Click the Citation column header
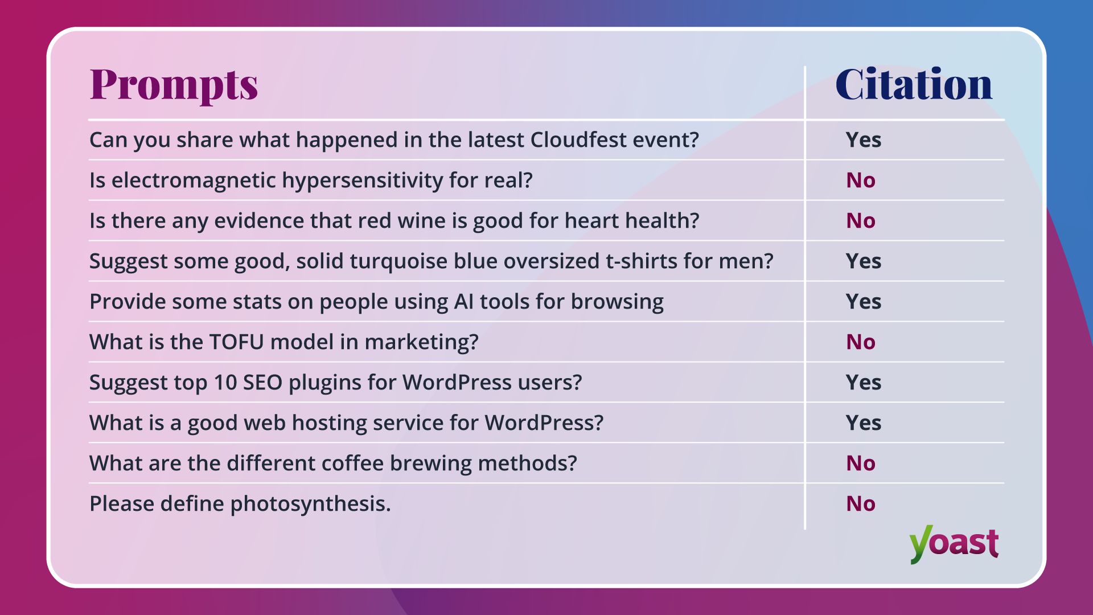[x=913, y=84]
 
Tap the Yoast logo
[x=954, y=544]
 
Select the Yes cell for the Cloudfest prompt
[x=863, y=140]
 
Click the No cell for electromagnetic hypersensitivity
[x=860, y=181]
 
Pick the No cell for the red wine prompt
[x=860, y=221]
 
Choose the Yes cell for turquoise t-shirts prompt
[x=863, y=261]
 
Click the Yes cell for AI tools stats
[x=863, y=302]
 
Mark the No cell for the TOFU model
[x=860, y=342]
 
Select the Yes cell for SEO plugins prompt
[x=863, y=383]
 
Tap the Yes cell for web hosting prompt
[x=863, y=423]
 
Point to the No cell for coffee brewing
[x=860, y=464]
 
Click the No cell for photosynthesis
[x=860, y=504]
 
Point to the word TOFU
[x=236, y=342]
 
